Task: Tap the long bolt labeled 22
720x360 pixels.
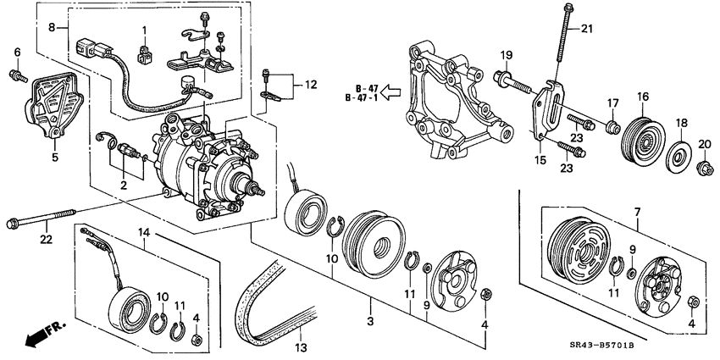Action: pos(42,224)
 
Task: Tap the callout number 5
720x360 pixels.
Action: pos(56,156)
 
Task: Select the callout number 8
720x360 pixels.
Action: pos(52,27)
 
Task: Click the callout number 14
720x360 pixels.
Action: pos(145,231)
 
